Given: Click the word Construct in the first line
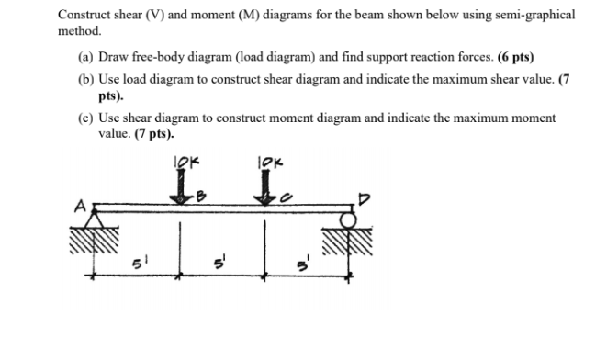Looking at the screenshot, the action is pos(83,16).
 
